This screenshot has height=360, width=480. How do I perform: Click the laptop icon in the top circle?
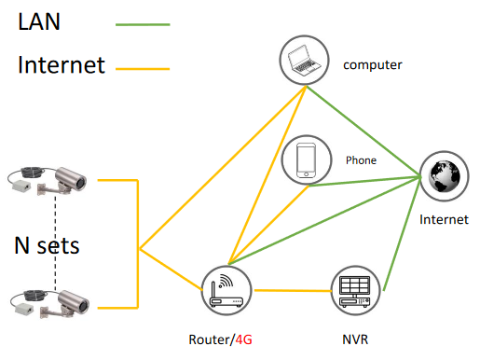pos(304,61)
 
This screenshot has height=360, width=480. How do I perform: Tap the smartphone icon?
pos(306,160)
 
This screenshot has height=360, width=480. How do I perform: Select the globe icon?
pos(444,176)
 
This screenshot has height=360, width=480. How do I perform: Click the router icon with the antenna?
pos(226,291)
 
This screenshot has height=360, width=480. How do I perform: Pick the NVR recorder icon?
pos(355,292)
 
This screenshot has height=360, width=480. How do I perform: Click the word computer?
pos(373,65)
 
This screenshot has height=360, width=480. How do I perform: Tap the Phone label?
pos(361,160)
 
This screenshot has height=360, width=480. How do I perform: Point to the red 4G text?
pos(243,339)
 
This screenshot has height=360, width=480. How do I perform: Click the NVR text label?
pos(355,339)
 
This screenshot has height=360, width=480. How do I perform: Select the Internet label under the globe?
pos(444,219)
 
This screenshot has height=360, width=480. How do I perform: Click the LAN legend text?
pos(39,21)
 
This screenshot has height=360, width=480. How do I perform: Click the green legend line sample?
pos(143,24)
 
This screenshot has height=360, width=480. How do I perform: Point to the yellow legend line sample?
pos(143,69)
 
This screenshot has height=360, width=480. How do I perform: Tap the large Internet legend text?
pos(62,64)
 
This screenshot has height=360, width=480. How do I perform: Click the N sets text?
pos(47,245)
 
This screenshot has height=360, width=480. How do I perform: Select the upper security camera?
pos(47,181)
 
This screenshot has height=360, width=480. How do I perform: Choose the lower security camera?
pos(49,304)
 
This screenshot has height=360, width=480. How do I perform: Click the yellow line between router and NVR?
pos(293,291)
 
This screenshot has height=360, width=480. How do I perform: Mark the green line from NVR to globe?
pos(403,234)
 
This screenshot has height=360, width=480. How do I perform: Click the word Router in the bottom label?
pos(210,339)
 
